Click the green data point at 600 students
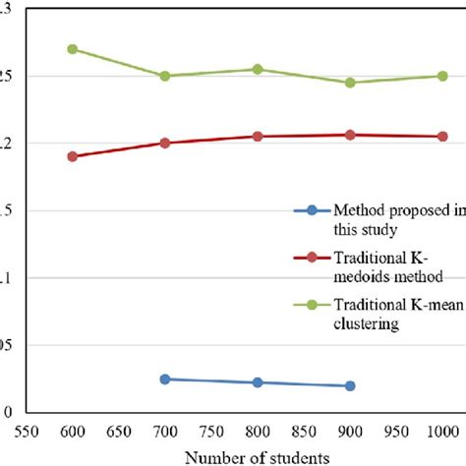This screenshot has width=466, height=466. pyautogui.click(x=72, y=49)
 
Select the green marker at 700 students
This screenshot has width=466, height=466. pyautogui.click(x=165, y=76)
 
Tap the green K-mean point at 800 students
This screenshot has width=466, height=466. pyautogui.click(x=258, y=69)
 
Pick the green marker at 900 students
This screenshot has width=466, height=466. pyautogui.click(x=350, y=83)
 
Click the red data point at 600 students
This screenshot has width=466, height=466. pyautogui.click(x=72, y=156)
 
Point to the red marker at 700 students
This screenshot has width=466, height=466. pyautogui.click(x=165, y=143)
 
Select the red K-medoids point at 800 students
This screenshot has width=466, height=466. pyautogui.click(x=258, y=137)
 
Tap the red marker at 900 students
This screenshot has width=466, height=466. pyautogui.click(x=350, y=135)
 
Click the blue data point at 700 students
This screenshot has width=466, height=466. pyautogui.click(x=165, y=379)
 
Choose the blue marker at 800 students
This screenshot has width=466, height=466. pyautogui.click(x=258, y=382)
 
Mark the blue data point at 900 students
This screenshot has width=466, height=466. pyautogui.click(x=350, y=385)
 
